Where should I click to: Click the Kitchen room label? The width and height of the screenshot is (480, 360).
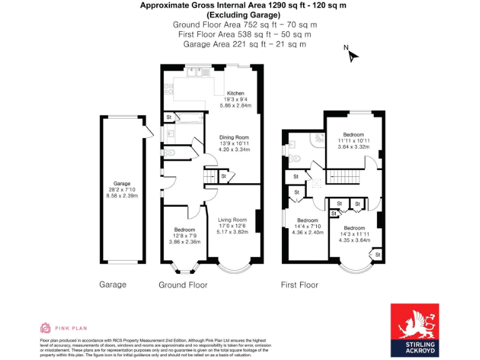[236, 93]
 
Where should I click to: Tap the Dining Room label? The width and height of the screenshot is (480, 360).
[234, 137]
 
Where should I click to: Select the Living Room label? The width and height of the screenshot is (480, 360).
[232, 220]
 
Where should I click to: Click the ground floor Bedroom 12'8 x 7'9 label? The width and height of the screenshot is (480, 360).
[185, 230]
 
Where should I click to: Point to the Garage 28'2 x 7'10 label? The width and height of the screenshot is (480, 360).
[122, 184]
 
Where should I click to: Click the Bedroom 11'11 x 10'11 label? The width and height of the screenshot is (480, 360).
[353, 134]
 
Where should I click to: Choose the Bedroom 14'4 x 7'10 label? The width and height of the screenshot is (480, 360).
[307, 221]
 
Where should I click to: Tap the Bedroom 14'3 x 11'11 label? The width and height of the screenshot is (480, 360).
[353, 227]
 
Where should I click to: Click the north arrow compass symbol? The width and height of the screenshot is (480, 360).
[352, 55]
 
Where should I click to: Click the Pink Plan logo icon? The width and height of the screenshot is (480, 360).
[45, 327]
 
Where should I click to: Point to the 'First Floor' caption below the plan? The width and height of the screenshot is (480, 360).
[299, 285]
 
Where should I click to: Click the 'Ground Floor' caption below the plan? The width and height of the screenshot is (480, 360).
[182, 285]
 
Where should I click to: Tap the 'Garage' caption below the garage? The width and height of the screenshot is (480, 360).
[112, 285]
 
